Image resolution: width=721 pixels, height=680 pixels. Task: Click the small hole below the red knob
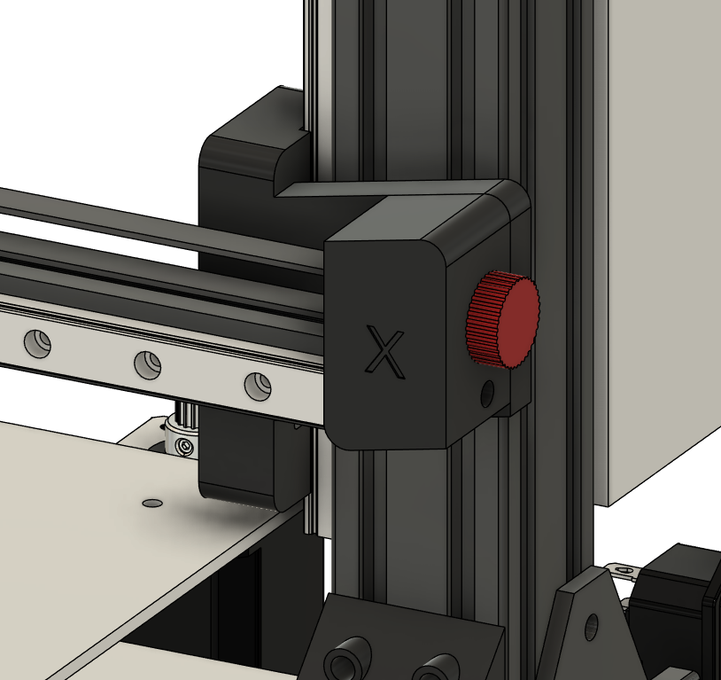point(487,394)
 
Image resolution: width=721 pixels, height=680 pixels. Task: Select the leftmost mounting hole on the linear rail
point(37,343)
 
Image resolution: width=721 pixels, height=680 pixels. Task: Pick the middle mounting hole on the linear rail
point(148,364)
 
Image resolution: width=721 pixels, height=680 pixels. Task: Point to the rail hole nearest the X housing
point(258,386)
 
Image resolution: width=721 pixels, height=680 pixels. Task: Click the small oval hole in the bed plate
point(152,504)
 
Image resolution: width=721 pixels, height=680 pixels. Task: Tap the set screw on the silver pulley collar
point(185,446)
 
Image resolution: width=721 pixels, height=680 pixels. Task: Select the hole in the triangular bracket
point(592,627)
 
